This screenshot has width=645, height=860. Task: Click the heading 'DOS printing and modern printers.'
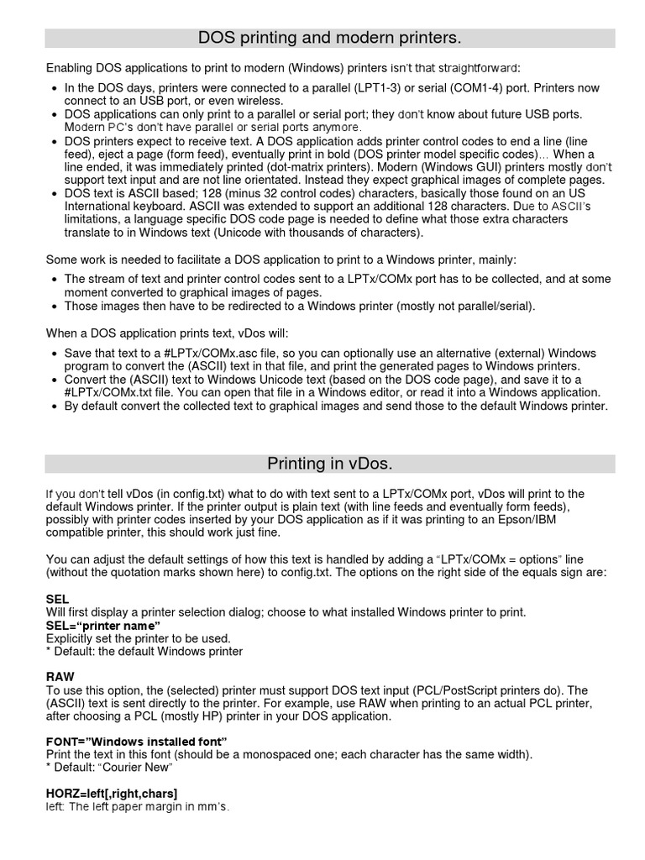[329, 38]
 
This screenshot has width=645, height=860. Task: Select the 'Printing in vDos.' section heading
[329, 464]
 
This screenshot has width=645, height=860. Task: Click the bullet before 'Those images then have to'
[55, 307]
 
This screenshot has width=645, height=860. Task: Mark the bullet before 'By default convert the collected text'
[55, 406]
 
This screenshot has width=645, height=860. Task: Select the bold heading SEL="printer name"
[102, 626]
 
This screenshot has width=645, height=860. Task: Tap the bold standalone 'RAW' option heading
[60, 676]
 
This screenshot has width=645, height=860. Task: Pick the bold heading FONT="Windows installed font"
[136, 742]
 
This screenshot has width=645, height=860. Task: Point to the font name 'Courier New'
[137, 768]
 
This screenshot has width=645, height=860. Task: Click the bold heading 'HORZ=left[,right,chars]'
[112, 793]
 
